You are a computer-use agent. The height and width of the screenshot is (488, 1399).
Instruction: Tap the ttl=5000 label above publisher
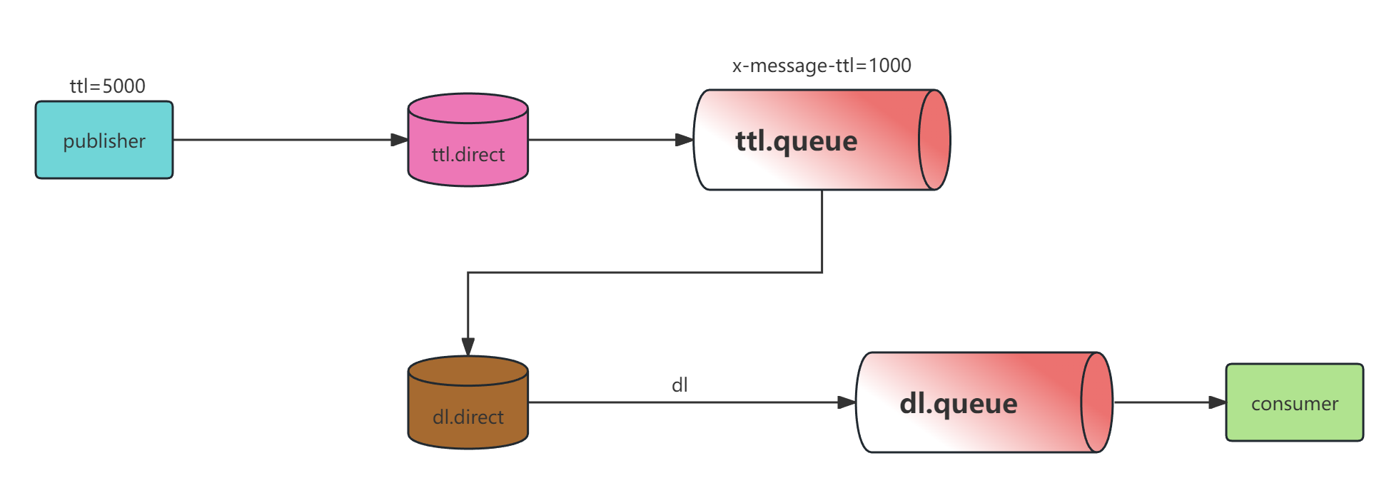(x=108, y=86)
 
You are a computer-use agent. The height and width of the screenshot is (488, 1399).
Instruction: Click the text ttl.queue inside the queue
(x=796, y=141)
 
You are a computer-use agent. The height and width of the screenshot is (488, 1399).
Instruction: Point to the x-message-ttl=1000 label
(x=822, y=66)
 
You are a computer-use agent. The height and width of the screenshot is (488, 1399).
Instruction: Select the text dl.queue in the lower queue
(x=958, y=403)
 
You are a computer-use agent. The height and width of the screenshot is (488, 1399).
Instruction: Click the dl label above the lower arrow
(x=680, y=385)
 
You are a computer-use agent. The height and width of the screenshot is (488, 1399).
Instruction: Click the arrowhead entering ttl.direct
(x=399, y=140)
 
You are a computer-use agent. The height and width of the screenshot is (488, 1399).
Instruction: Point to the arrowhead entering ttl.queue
(x=685, y=140)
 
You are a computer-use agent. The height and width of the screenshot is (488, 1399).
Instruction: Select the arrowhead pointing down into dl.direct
(x=468, y=346)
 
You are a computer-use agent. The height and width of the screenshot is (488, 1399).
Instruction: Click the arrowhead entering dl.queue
(x=847, y=402)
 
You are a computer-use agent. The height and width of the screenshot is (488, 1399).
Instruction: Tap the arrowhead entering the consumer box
(x=1217, y=402)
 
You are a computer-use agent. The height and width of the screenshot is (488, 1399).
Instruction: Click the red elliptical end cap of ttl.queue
(x=934, y=140)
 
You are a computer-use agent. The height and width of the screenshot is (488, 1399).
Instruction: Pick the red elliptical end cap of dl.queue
(x=1096, y=402)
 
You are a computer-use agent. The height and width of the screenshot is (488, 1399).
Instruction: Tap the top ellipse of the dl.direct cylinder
(x=468, y=371)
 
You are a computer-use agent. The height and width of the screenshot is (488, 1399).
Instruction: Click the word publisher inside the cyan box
(x=104, y=141)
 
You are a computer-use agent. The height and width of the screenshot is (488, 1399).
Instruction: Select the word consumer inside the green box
(x=1294, y=404)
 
